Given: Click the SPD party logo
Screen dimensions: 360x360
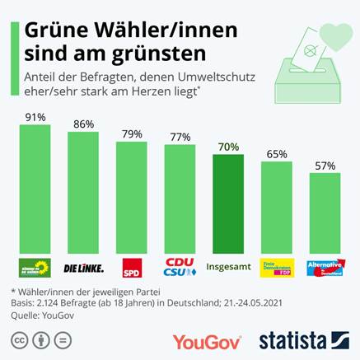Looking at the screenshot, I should coord(132,269).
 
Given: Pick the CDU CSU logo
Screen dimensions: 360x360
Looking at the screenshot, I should coord(180,268).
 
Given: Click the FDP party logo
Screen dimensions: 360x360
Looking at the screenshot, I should coord(277,269).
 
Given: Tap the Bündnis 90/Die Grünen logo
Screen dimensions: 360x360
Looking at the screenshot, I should coord(35,268).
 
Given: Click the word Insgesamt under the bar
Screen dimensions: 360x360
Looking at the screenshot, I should coord(228,268).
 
